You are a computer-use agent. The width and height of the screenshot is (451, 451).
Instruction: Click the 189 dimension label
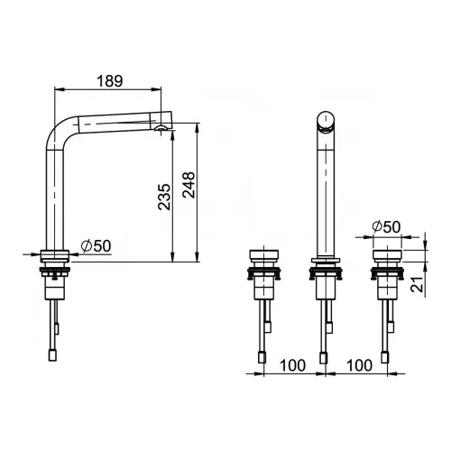pyautogui.click(x=110, y=81)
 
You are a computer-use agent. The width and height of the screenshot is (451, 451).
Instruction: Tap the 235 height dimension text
pyautogui.click(x=164, y=197)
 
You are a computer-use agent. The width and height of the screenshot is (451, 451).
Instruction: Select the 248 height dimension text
pyautogui.click(x=189, y=185)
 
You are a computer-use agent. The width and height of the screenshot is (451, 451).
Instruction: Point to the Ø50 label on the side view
pyautogui.click(x=96, y=246)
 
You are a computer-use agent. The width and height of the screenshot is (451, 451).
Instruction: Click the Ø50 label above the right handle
pyautogui.click(x=386, y=226)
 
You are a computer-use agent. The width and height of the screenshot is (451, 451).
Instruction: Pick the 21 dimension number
pyautogui.click(x=417, y=284)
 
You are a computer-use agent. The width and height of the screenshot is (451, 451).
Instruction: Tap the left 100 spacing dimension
pyautogui.click(x=292, y=365)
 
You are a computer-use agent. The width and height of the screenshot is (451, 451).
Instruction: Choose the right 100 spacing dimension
pyautogui.click(x=359, y=365)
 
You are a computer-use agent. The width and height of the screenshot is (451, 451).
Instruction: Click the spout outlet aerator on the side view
pyautogui.click(x=161, y=128)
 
